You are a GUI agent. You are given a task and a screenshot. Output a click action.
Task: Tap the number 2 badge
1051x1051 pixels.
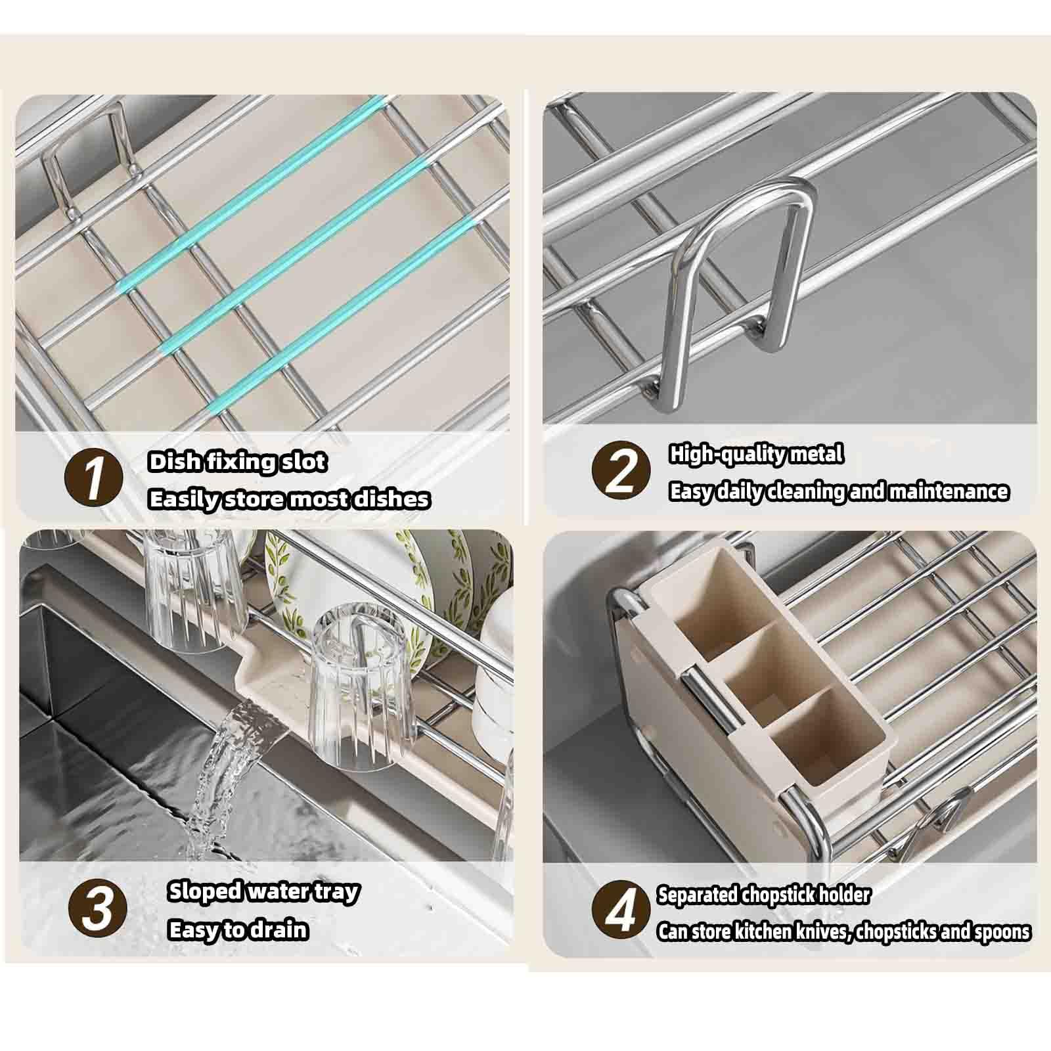[621, 470]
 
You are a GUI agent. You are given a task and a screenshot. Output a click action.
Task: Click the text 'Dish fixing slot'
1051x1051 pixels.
[237, 462]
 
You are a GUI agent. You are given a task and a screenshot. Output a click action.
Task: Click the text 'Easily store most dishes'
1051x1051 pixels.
[289, 499]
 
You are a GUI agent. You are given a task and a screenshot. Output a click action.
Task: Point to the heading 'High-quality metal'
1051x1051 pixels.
[755, 454]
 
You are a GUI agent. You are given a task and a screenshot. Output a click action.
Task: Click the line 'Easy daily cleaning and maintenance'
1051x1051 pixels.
[838, 491]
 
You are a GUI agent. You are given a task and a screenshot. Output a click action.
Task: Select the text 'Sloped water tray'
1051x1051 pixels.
[263, 891]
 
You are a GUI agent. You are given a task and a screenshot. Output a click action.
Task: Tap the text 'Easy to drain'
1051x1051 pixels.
[238, 930]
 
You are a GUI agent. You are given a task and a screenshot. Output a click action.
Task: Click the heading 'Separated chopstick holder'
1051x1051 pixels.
[763, 895]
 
